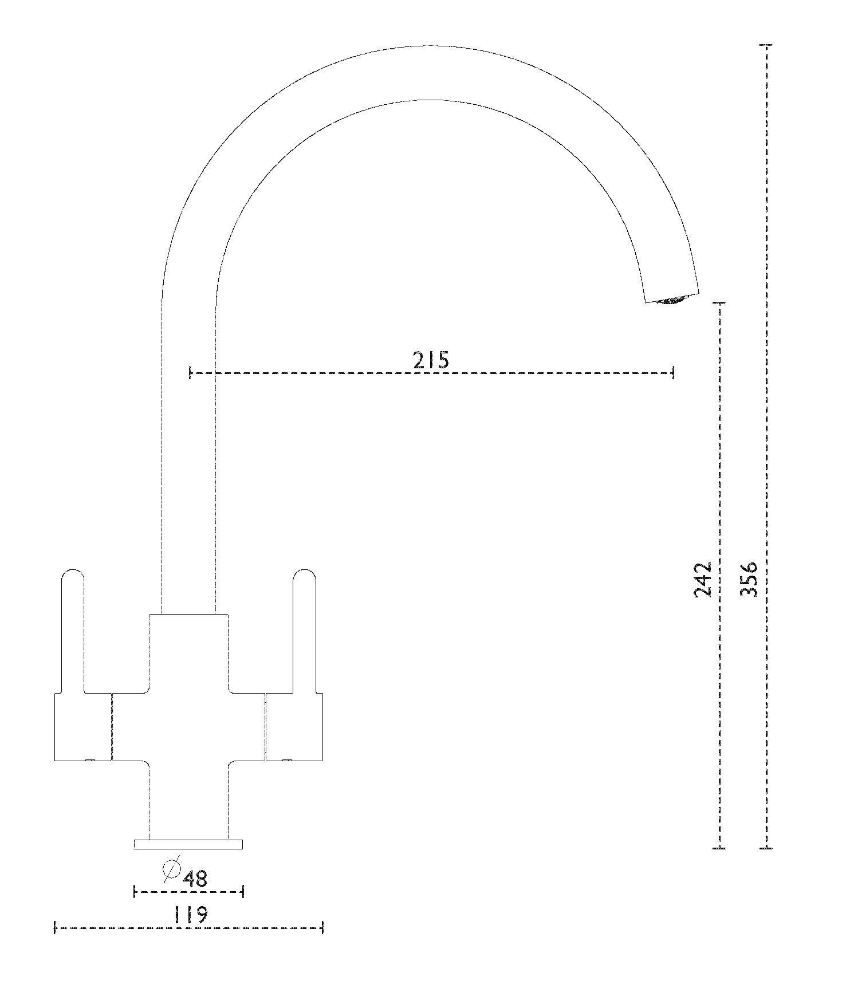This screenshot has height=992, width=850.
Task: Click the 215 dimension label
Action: pyautogui.click(x=431, y=360)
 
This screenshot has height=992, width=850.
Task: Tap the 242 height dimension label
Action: pyautogui.click(x=702, y=580)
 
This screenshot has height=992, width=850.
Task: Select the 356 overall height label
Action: pyautogui.click(x=749, y=580)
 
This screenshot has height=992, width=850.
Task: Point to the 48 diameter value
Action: pyautogui.click(x=195, y=878)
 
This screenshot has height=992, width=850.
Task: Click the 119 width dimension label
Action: pyautogui.click(x=190, y=915)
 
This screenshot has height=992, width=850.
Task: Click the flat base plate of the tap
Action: pyautogui.click(x=188, y=844)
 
